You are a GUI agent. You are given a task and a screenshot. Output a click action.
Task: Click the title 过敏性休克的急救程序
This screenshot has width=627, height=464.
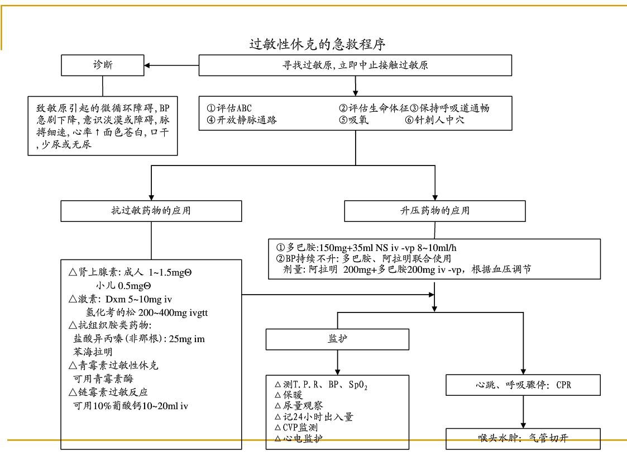click(x=317, y=44)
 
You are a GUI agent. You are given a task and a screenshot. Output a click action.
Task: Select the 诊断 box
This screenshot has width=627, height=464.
click(x=102, y=65)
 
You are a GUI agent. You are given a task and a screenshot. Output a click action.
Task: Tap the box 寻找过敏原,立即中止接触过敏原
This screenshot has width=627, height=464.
click(x=355, y=65)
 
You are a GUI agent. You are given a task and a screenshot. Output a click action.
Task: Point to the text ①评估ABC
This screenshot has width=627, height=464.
click(x=229, y=108)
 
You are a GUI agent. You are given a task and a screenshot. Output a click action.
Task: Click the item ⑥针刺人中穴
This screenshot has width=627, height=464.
click(x=435, y=120)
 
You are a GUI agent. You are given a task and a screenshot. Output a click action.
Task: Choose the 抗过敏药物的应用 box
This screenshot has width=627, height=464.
click(x=152, y=211)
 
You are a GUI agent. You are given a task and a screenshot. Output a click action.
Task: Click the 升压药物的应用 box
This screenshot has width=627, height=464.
click(x=435, y=211)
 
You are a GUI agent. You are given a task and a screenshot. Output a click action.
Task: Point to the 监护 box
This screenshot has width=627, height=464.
click(x=337, y=339)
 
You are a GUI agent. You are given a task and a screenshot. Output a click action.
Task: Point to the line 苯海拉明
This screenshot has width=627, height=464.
click(x=93, y=352)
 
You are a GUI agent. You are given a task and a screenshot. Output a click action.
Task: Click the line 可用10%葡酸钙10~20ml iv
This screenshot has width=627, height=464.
click(x=131, y=405)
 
